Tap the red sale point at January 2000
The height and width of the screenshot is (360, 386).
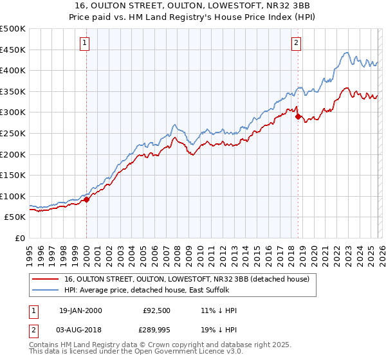(87, 199)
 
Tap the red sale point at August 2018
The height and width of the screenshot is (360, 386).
(298, 117)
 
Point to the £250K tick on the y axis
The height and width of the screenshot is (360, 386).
(13, 133)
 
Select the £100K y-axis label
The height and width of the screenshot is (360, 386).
(13, 196)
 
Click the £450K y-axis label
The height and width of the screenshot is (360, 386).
(13, 50)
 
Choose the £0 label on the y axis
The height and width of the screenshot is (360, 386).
(19, 238)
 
